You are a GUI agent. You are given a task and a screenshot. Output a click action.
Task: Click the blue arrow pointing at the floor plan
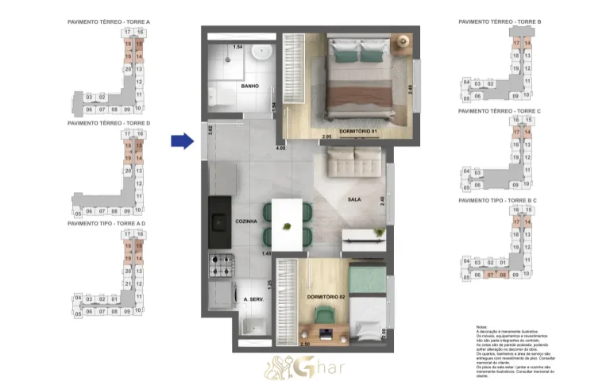point(182,141)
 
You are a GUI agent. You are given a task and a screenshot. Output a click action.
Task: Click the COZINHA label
point(246,221)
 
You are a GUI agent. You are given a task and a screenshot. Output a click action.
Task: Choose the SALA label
point(355,200)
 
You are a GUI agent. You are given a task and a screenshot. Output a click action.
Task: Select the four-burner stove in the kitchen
point(219,262)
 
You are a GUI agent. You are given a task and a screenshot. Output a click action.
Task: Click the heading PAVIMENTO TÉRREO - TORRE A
point(109,22)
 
